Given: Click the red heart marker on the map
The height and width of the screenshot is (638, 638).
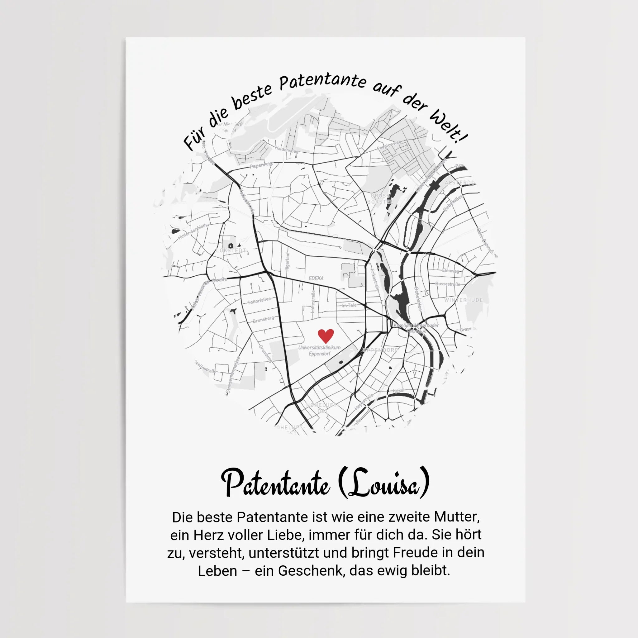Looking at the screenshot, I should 326,336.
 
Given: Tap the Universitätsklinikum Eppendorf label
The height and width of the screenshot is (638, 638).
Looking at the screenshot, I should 319,351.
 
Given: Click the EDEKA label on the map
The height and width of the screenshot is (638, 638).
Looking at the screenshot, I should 316,279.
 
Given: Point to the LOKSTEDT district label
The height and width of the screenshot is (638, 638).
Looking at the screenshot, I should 231,251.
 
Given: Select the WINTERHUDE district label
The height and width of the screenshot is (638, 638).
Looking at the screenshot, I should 463,300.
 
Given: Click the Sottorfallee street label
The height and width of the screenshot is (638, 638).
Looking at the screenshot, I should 259,301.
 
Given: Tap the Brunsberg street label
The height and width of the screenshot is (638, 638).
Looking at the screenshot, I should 263,320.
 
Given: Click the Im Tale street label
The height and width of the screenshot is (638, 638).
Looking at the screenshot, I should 349,306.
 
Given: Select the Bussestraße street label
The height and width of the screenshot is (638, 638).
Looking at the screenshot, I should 447,284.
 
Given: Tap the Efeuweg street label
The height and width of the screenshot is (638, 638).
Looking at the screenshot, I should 450,271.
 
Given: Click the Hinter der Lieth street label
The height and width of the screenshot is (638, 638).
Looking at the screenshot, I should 193,232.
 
